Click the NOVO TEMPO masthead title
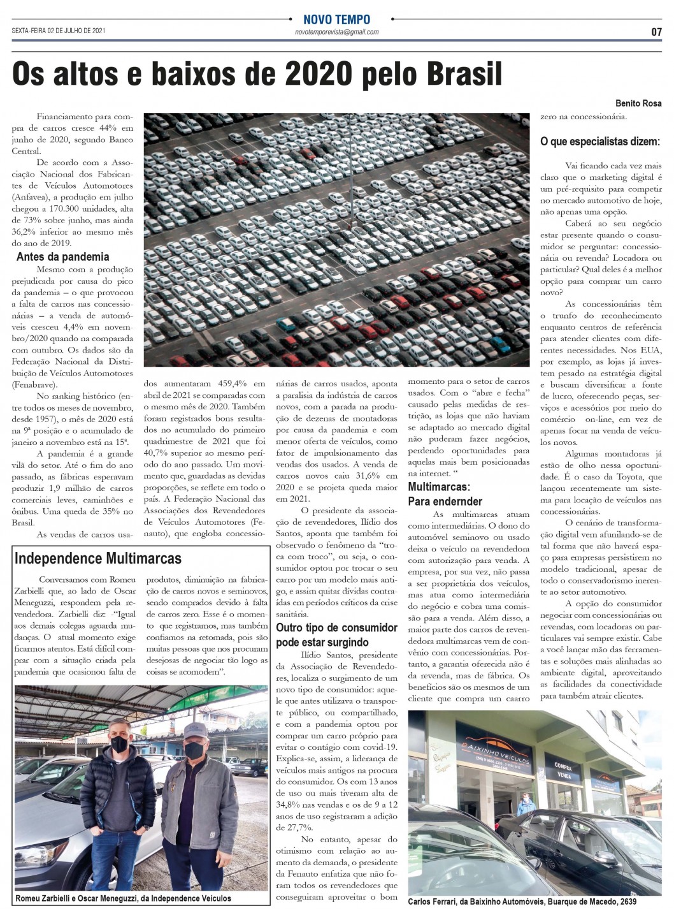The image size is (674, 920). pyautogui.click(x=336, y=20)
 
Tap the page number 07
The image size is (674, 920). pyautogui.click(x=656, y=32)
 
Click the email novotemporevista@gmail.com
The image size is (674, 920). pyautogui.click(x=336, y=32)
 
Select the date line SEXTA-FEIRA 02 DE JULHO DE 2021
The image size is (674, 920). pyautogui.click(x=59, y=31)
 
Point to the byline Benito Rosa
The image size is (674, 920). pyautogui.click(x=638, y=103)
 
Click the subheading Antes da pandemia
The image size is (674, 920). pyautogui.click(x=62, y=257)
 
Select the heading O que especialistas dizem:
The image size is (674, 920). pyautogui.click(x=599, y=141)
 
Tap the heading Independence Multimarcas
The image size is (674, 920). pyautogui.click(x=98, y=559)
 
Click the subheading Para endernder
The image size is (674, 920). pyautogui.click(x=445, y=501)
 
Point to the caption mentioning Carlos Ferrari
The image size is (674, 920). pyautogui.click(x=522, y=902)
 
